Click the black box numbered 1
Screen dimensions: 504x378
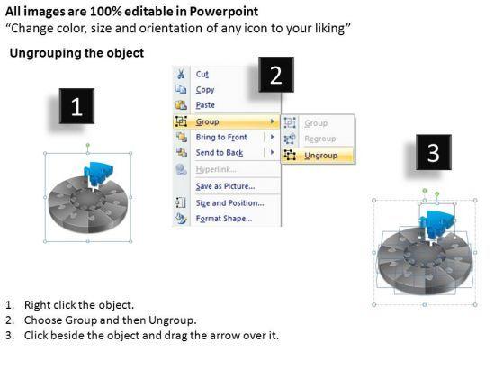tap(76, 106)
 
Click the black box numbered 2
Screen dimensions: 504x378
tap(276, 75)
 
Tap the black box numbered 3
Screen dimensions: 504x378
tap(434, 152)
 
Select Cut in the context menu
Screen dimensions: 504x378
tap(202, 74)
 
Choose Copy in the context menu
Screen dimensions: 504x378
tap(205, 90)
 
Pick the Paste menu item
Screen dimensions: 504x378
tap(205, 105)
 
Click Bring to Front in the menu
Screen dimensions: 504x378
tap(221, 137)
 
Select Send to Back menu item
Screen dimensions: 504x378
tap(220, 153)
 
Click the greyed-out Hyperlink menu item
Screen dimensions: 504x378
tap(216, 169)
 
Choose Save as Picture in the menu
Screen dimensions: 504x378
tap(225, 186)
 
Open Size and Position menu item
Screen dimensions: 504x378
tap(229, 203)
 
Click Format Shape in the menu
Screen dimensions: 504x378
tap(224, 219)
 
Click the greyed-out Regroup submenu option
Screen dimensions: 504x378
tap(320, 139)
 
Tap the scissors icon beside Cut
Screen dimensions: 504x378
tap(181, 74)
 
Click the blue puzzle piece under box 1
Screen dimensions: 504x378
tap(98, 174)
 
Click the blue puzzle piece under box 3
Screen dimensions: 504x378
tap(437, 224)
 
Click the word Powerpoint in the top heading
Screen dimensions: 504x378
tap(224, 12)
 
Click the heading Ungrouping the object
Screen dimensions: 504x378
tap(76, 53)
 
